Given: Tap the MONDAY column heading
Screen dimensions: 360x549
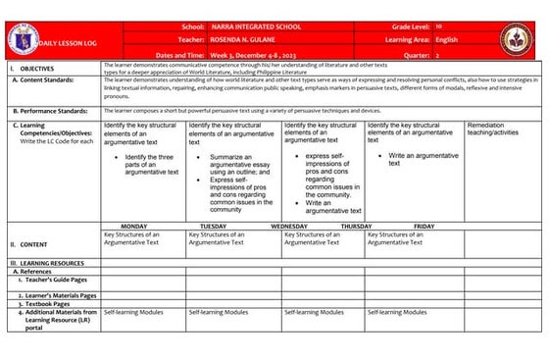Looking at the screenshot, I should point(133,226).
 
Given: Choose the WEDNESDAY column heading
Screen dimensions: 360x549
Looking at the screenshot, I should point(289,226).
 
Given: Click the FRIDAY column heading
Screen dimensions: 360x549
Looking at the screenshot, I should point(424,226).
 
